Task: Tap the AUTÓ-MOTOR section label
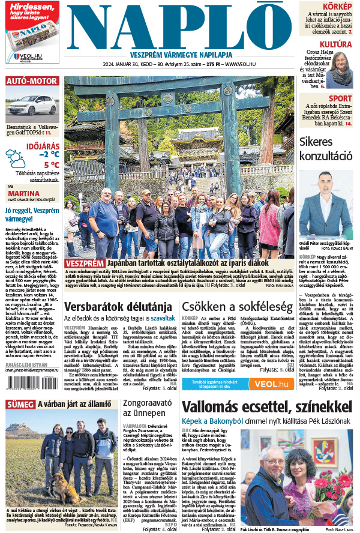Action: click(32, 81)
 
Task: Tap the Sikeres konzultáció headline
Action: click(326, 148)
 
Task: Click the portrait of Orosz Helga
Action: click(341, 70)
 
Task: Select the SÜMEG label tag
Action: click(20, 405)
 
